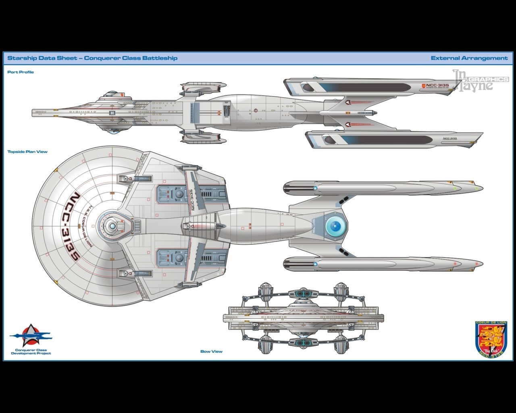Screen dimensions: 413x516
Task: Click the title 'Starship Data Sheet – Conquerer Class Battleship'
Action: [x=92, y=58]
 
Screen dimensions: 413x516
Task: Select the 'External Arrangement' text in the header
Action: [x=469, y=58]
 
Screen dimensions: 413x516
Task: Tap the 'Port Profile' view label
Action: [x=21, y=72]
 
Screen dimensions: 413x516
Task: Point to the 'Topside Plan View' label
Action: [x=27, y=152]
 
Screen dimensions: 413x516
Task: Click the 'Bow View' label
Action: [x=211, y=351]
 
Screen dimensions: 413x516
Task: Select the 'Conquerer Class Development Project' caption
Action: [x=31, y=352]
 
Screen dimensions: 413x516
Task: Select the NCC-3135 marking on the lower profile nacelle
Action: [x=449, y=138]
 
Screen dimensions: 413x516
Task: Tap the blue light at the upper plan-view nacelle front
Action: [x=315, y=188]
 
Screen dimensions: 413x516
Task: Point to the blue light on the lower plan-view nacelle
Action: [x=315, y=264]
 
